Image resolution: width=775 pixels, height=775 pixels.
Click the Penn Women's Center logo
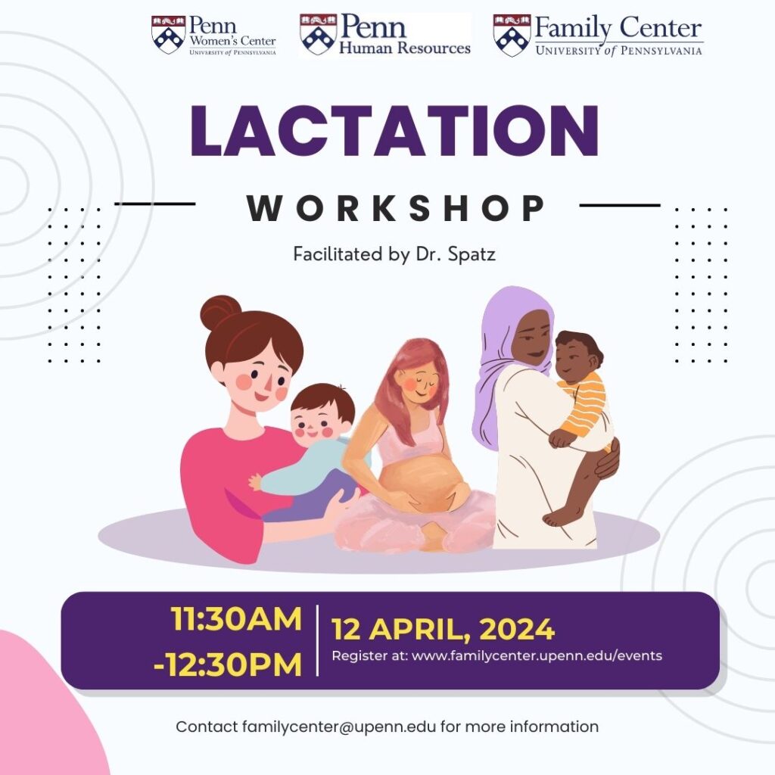(213, 36)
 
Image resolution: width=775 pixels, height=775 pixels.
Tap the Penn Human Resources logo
(384, 36)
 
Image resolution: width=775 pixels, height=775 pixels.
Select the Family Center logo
(598, 36)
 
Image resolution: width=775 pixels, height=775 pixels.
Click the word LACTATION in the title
(394, 132)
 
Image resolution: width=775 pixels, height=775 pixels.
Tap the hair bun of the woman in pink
(220, 311)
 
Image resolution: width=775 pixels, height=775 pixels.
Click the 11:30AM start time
(236, 619)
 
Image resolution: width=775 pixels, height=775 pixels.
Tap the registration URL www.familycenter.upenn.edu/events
(537, 655)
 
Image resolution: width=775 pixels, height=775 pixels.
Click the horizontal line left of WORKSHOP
(155, 204)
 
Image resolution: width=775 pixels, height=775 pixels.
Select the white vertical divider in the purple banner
(317, 640)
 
